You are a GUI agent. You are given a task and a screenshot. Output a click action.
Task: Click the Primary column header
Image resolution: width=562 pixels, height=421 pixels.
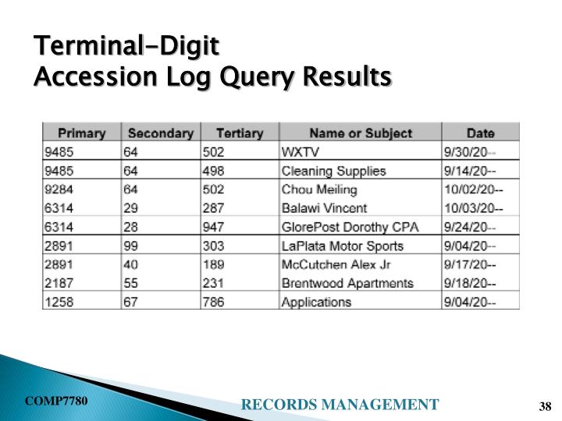(82, 133)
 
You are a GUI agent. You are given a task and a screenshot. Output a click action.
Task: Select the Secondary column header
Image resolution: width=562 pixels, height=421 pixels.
(160, 133)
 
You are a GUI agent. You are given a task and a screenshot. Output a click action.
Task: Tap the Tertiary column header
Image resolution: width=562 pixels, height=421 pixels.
(239, 133)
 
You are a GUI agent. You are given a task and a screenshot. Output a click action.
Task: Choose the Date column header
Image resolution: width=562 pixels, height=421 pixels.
(480, 133)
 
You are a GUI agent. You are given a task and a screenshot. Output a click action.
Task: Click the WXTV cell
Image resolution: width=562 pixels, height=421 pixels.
(299, 152)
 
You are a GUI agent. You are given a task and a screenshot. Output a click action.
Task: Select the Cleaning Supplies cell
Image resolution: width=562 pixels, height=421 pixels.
(333, 171)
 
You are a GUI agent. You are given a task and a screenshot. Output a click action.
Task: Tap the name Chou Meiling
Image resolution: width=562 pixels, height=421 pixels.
(319, 189)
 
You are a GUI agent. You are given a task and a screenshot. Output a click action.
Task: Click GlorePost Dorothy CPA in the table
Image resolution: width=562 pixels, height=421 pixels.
(350, 227)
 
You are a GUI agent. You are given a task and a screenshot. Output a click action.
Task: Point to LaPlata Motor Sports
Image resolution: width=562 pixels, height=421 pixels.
(342, 246)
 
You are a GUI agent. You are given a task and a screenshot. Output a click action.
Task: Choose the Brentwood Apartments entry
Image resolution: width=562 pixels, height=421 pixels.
(347, 283)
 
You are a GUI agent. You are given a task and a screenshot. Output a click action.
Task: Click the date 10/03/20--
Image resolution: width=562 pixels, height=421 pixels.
(474, 208)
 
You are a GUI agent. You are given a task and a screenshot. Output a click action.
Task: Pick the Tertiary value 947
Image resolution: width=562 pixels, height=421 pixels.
(213, 227)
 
